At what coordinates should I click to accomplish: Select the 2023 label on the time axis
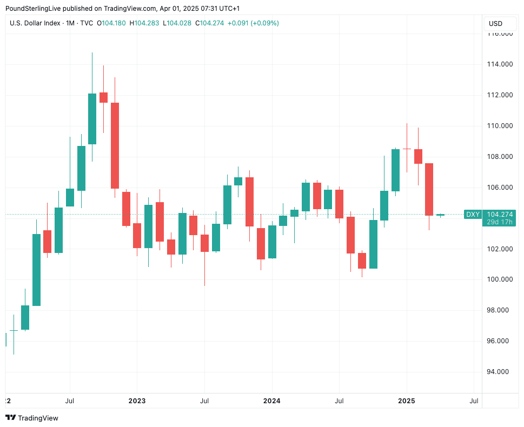pos(137,401)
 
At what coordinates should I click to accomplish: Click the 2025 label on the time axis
pos(407,401)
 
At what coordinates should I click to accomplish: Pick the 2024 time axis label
pos(271,401)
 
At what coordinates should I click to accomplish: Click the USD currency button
pos(495,23)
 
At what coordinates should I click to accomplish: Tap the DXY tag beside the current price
pos(473,215)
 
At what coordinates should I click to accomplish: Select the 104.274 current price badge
pos(500,214)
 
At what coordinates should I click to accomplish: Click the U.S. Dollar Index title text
pos(35,23)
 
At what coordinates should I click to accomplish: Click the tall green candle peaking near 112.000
pos(92,119)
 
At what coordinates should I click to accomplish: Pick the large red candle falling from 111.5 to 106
pos(115,145)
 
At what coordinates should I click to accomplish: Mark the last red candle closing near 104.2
pos(429,189)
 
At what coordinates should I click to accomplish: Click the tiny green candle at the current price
pos(440,215)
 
